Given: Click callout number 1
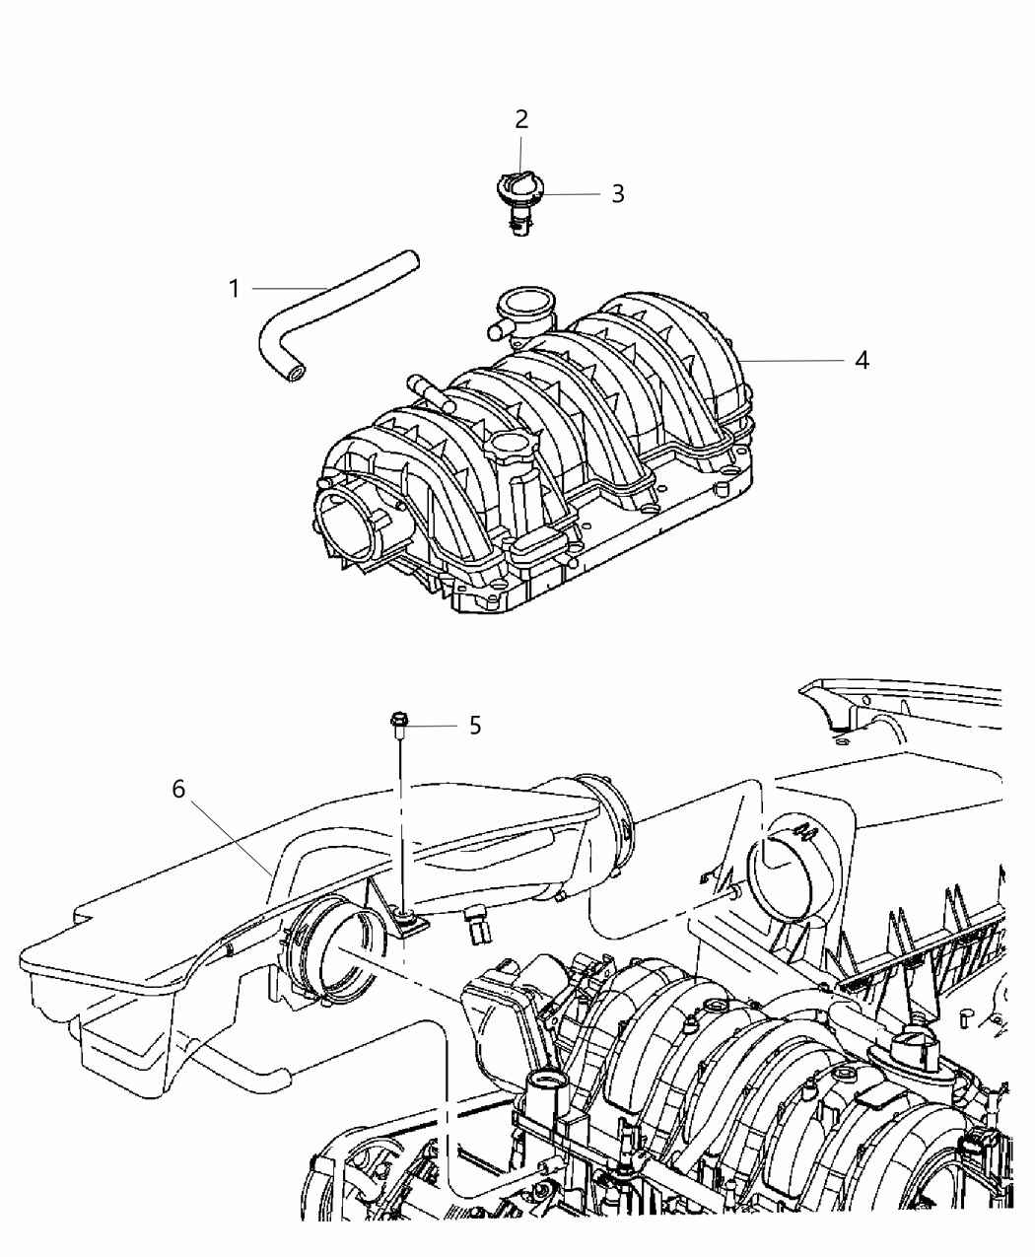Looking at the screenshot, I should pyautogui.click(x=234, y=289).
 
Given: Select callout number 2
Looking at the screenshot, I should pyautogui.click(x=521, y=120).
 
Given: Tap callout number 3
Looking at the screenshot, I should pyautogui.click(x=617, y=193).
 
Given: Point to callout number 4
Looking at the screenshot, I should pyautogui.click(x=862, y=361).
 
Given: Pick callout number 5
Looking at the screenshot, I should pyautogui.click(x=475, y=727).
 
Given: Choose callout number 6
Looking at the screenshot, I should pyautogui.click(x=178, y=790).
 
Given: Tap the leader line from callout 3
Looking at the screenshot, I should pyautogui.click(x=572, y=193).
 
